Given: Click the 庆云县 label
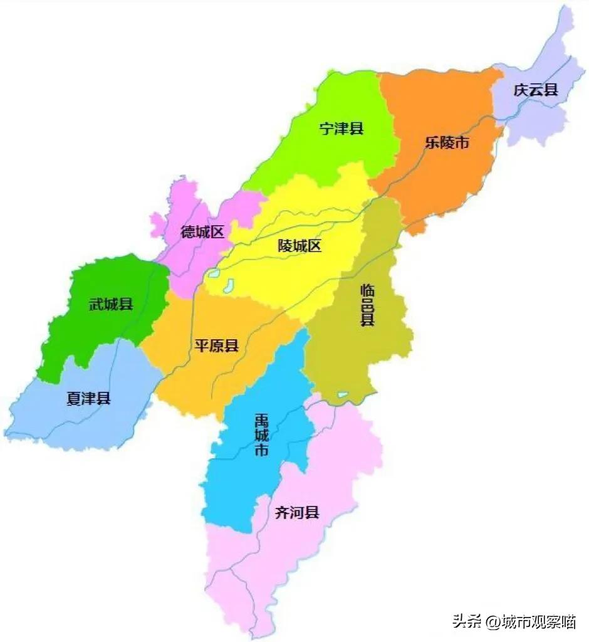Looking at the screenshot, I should [x=535, y=90].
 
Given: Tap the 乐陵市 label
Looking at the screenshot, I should [x=447, y=143].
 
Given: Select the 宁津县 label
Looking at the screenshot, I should [x=341, y=129].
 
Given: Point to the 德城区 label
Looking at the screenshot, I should [x=202, y=232].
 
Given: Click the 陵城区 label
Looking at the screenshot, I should [x=300, y=246].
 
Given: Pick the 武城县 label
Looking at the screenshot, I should [x=110, y=305].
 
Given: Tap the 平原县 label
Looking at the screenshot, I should [x=216, y=346].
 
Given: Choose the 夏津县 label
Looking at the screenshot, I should [x=88, y=398].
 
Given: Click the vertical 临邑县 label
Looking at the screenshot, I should [x=367, y=305].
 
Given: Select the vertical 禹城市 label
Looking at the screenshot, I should [x=261, y=434].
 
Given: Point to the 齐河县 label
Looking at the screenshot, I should [x=297, y=513].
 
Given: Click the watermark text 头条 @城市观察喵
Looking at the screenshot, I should [x=514, y=621].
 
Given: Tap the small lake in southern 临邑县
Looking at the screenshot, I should [x=342, y=395].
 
